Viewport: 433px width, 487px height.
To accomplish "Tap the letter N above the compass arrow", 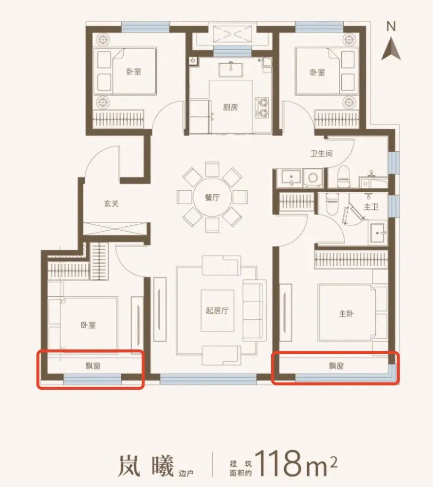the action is point(391,27).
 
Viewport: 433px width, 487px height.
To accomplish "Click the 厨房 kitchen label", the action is point(230,107).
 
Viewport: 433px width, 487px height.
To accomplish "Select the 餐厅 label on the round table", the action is point(212,198).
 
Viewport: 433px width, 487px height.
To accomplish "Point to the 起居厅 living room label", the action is point(217,310).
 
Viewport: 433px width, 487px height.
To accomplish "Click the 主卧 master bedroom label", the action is point(346,313).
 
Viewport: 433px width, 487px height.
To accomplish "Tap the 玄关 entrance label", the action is point(111,204).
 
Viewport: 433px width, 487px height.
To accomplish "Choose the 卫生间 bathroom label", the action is point(322,153).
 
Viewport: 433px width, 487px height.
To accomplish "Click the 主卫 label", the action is point(371,207).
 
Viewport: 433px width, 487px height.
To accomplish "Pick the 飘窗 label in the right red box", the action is point(336,366).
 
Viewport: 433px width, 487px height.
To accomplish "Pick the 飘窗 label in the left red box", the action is point(93,366).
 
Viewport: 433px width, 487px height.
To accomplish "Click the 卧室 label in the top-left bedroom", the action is point(134,72).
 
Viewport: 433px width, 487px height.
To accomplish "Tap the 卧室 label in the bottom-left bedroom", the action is point(88,325).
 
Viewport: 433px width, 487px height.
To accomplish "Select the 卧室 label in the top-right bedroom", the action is point(318,72).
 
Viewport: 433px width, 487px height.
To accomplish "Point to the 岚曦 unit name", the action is point(146,465).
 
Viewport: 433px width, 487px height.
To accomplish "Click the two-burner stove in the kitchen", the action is point(262,108).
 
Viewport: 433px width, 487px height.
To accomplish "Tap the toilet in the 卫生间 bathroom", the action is point(343,177).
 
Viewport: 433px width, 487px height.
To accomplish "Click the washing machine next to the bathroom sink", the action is point(313,178).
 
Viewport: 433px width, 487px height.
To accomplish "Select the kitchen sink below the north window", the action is point(231,70).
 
